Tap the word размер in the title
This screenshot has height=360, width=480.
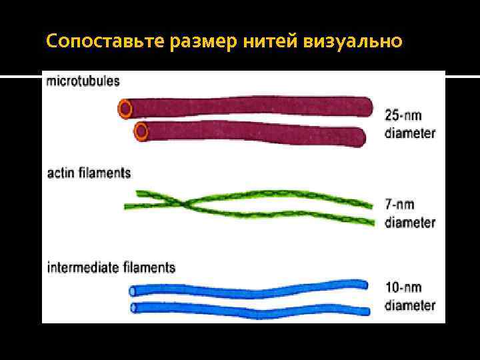(x=203, y=41)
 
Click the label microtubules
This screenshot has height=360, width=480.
(x=83, y=81)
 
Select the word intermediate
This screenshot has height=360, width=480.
(x=83, y=268)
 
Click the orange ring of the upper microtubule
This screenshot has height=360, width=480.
(x=125, y=107)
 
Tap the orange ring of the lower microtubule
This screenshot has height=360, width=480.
(x=141, y=131)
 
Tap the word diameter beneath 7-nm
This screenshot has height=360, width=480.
(x=409, y=222)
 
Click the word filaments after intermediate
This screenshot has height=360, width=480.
(x=149, y=268)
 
